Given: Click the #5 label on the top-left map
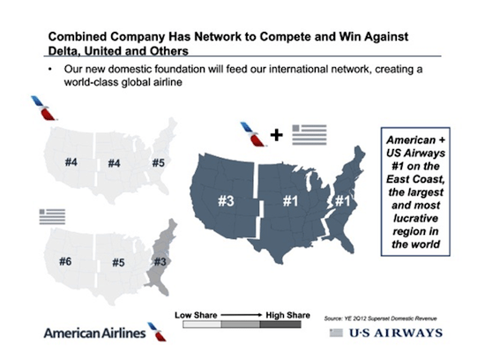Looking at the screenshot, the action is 159,162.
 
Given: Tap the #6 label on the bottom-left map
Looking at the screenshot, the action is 65,261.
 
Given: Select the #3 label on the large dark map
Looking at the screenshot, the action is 226,201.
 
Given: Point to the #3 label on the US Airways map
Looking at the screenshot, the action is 160,262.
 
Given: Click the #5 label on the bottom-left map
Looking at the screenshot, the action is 118,263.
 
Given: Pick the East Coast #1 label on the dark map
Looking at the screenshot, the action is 342,201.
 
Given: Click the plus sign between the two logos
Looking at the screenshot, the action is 277,135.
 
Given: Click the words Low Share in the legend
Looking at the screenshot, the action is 196,315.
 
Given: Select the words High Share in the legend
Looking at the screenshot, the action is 288,315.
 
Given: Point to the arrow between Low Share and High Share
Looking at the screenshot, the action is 242,315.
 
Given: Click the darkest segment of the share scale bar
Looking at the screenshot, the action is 280,325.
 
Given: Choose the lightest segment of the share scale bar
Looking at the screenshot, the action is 202,325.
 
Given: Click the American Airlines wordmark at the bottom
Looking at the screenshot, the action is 94,333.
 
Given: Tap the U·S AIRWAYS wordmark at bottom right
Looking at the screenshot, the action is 396,333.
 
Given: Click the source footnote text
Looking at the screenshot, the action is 380,319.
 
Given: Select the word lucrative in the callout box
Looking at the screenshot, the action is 415,218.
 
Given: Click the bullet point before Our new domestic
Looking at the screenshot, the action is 50,69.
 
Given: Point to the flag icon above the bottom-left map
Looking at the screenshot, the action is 52,217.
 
